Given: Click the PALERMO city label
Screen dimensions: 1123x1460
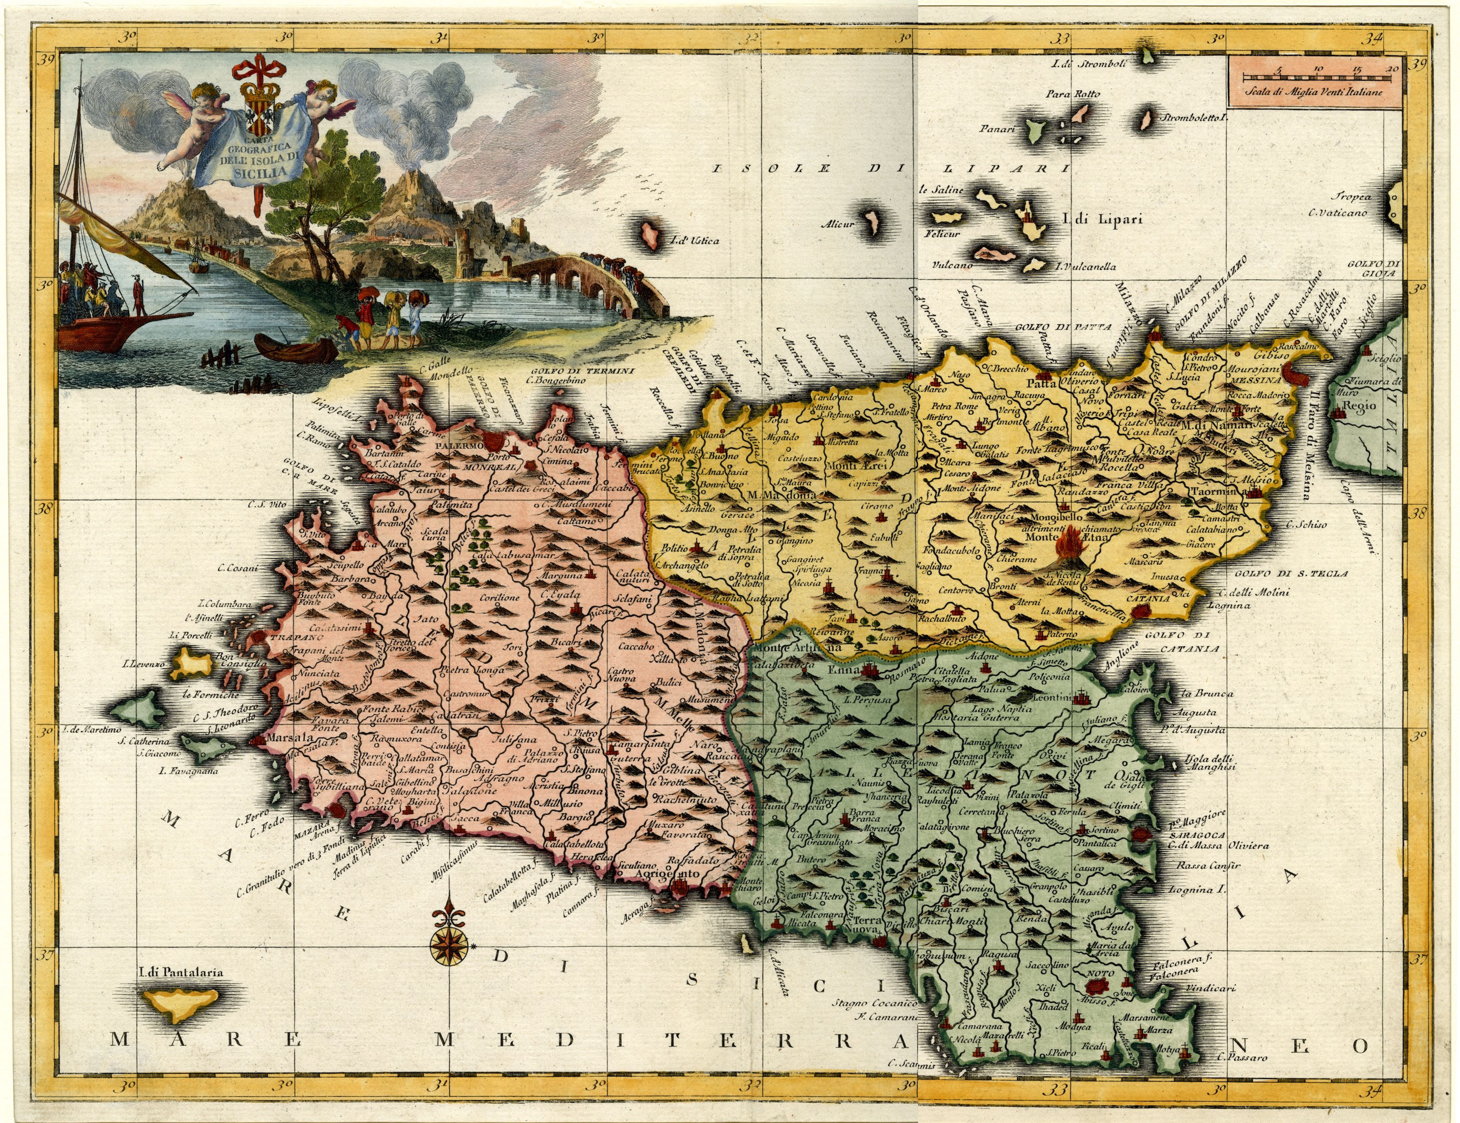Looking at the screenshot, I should [x=459, y=444].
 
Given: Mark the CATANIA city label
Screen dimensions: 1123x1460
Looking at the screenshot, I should [x=1148, y=598].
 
